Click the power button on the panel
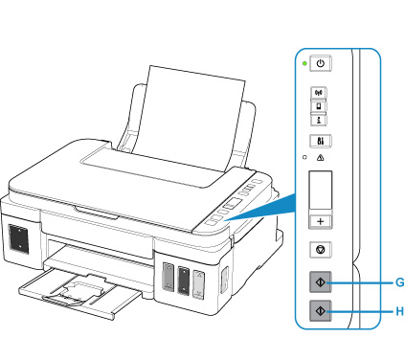coord(321,63)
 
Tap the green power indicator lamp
coord(304,63)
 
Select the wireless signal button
coord(319,93)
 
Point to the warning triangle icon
coord(320,157)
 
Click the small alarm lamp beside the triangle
coord(304,157)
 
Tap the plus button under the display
coord(321,221)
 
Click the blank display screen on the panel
coord(321,191)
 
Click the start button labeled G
coord(321,282)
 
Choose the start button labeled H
coord(321,310)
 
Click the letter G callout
coord(399,282)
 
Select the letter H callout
coord(399,311)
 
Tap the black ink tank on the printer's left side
coord(18,238)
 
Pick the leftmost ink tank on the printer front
coord(169,277)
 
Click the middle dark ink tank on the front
coord(184,280)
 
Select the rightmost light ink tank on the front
coord(198,285)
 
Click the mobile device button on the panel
coord(319,106)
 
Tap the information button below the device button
coord(319,120)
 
